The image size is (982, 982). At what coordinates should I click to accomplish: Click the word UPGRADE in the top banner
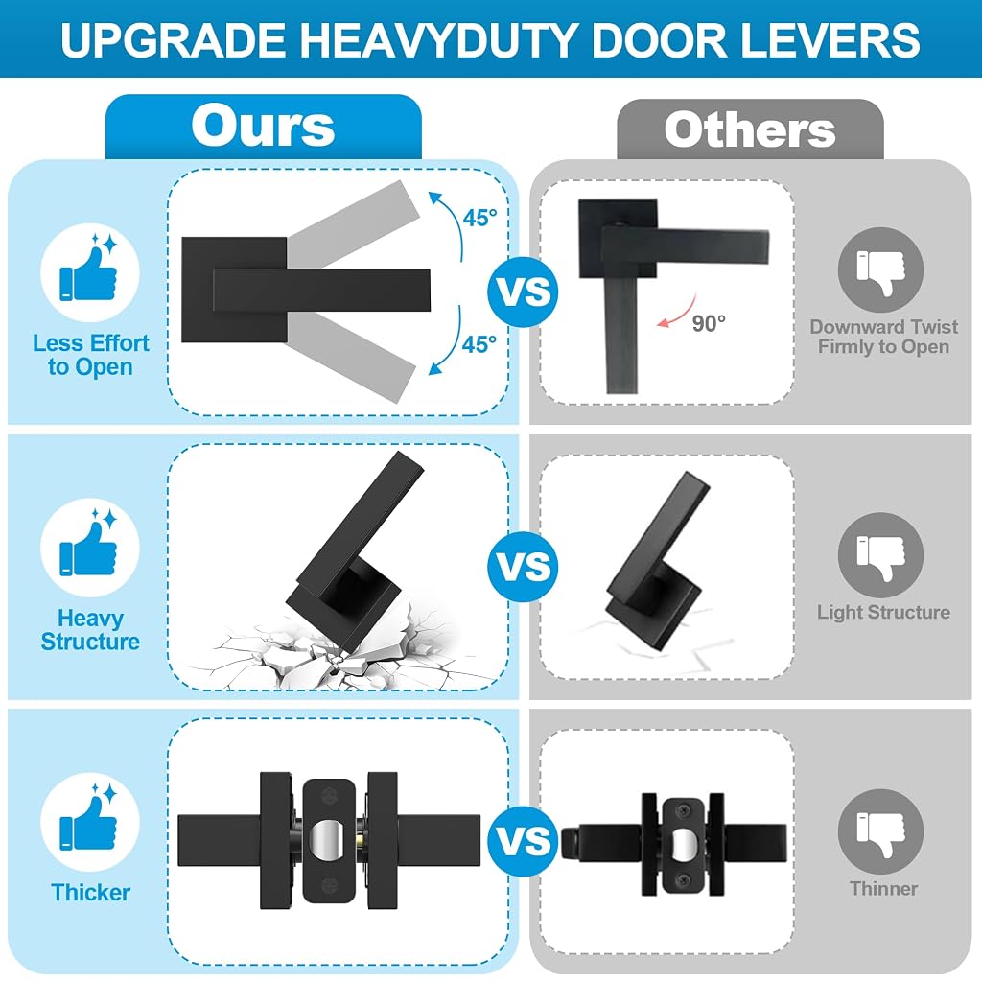[x=173, y=40]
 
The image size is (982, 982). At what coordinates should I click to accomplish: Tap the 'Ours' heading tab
[x=263, y=127]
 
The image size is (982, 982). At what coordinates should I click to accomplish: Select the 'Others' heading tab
[x=750, y=129]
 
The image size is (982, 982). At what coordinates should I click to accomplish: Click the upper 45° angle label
[x=479, y=218]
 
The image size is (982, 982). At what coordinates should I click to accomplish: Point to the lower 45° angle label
[x=479, y=344]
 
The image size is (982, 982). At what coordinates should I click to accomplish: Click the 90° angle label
[x=709, y=323]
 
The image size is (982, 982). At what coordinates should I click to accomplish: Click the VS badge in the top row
[x=523, y=292]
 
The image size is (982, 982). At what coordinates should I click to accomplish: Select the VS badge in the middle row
[x=523, y=566]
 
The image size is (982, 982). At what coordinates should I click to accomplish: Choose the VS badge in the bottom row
[x=523, y=840]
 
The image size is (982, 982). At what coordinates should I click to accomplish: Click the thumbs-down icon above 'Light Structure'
[x=880, y=555]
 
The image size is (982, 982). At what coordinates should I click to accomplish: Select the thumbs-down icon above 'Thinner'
[x=880, y=831]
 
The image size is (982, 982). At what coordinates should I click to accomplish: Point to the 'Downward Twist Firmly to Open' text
[x=883, y=337]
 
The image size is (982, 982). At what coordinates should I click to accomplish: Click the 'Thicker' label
[x=91, y=893]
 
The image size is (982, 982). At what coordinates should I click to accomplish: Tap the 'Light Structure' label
[x=883, y=612]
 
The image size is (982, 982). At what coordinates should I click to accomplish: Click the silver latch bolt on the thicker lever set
[x=329, y=840]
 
